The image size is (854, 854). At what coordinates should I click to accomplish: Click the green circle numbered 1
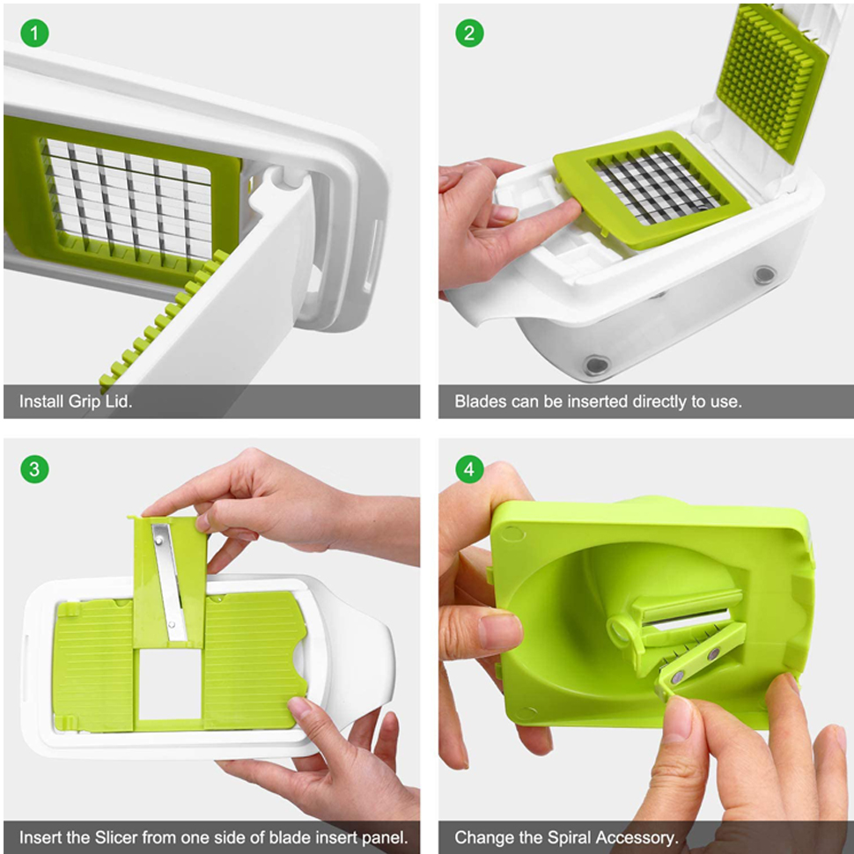[34, 33]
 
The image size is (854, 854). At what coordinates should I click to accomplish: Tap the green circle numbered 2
[469, 33]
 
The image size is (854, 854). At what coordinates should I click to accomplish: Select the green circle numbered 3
[34, 469]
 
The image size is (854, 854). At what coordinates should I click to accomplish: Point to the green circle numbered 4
[469, 469]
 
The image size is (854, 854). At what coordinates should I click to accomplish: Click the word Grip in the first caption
[85, 402]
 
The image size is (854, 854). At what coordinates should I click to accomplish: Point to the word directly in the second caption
[660, 402]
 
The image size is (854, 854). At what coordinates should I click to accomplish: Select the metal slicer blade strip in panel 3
[169, 582]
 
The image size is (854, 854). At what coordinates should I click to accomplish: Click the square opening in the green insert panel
[171, 683]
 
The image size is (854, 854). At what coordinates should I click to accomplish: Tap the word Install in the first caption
[41, 402]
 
